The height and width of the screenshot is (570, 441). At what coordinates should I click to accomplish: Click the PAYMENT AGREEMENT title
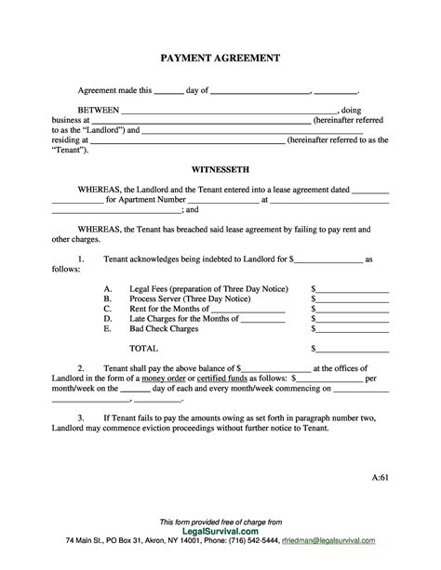(220, 58)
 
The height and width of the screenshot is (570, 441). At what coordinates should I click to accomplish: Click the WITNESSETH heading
(220, 171)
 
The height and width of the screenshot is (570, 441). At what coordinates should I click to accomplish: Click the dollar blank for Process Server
(354, 302)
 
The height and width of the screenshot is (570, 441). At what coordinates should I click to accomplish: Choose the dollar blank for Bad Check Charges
(354, 328)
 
